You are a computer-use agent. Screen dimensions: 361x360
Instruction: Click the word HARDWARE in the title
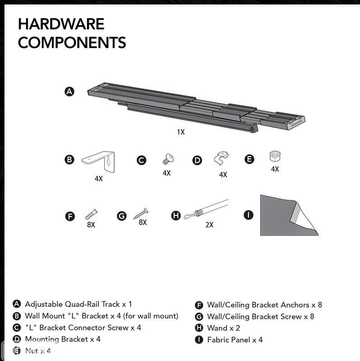pyautogui.click(x=61, y=24)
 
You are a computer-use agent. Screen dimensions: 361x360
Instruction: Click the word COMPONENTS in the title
pyautogui.click(x=72, y=43)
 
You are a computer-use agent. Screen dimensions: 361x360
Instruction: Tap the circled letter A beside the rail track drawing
pyautogui.click(x=69, y=92)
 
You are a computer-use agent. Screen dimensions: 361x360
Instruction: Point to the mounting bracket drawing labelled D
pyautogui.click(x=221, y=158)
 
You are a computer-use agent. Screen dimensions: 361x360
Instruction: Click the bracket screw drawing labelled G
pyautogui.click(x=141, y=213)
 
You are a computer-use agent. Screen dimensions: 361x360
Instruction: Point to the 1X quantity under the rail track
pyautogui.click(x=180, y=132)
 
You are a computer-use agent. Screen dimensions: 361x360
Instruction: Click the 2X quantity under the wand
pyautogui.click(x=209, y=224)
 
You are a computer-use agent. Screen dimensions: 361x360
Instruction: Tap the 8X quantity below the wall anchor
pyautogui.click(x=91, y=224)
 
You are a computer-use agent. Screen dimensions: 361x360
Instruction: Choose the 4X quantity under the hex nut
pyautogui.click(x=275, y=169)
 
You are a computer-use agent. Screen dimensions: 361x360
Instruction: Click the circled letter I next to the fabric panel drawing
pyautogui.click(x=249, y=215)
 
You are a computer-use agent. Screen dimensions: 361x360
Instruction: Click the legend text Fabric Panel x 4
pyautogui.click(x=235, y=340)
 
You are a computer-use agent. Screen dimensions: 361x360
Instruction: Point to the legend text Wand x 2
pyautogui.click(x=223, y=328)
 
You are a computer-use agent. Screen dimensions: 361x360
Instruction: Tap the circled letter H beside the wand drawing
pyautogui.click(x=176, y=216)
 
